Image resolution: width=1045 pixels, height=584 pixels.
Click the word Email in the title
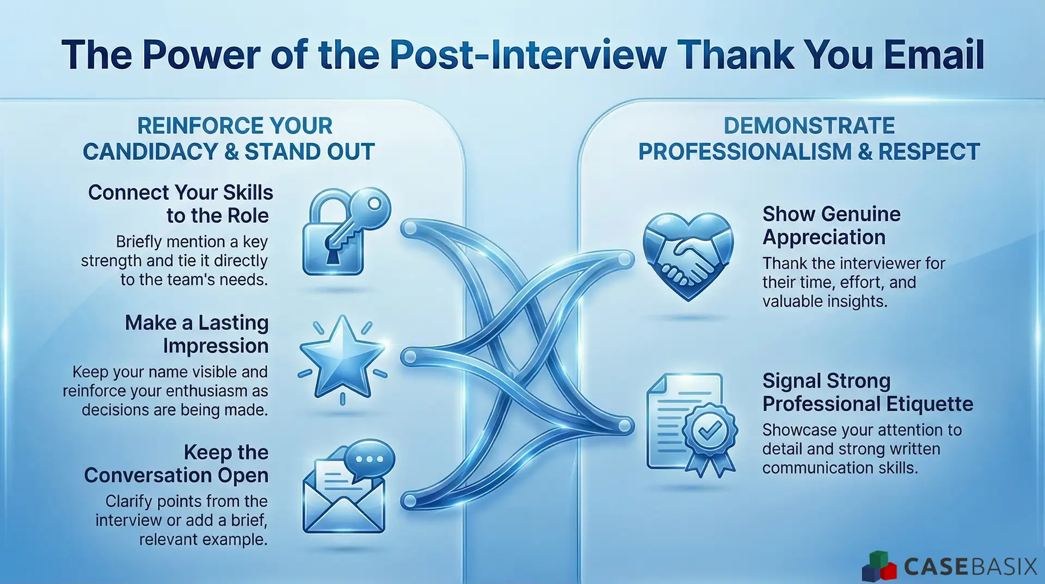(933, 56)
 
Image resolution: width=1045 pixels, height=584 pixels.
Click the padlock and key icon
(343, 232)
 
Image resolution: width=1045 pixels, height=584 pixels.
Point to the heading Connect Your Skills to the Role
(181, 204)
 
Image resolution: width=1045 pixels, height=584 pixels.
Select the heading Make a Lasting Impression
(197, 334)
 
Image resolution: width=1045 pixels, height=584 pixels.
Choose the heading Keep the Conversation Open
(176, 464)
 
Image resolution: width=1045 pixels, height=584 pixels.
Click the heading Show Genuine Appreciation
(831, 226)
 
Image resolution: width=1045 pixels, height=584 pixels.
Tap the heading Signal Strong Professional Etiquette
(868, 392)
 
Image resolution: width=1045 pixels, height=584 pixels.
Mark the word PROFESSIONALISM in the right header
(745, 152)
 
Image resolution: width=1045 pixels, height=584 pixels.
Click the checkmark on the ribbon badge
(710, 431)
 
